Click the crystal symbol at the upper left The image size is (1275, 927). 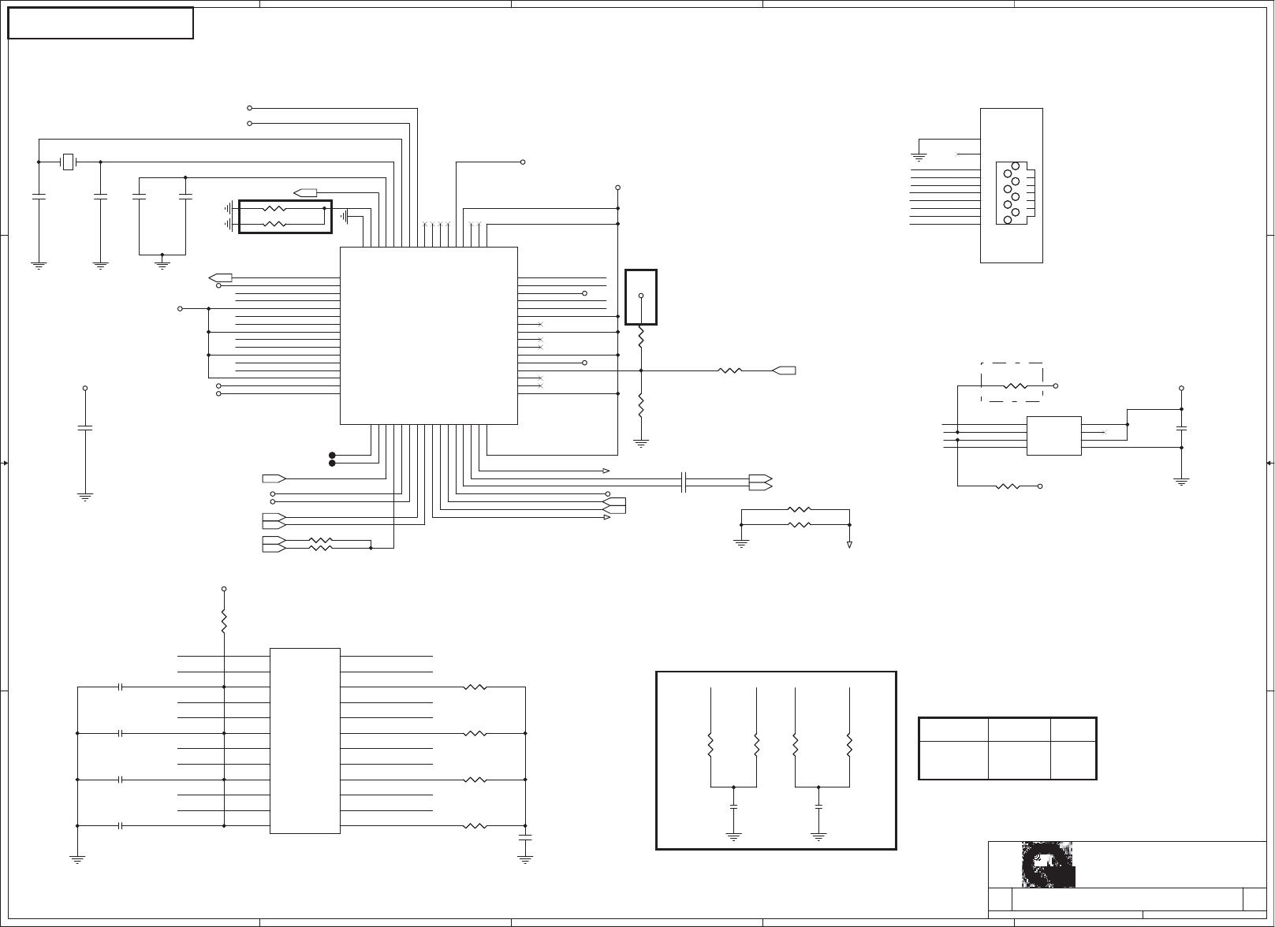(69, 162)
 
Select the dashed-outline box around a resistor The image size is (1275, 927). (1012, 382)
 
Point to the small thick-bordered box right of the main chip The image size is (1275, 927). (640, 297)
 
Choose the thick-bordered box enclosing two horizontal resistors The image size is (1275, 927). (285, 217)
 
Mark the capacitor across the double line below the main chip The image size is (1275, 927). (684, 482)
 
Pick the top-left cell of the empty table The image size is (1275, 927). (953, 730)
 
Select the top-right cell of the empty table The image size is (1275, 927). (1073, 730)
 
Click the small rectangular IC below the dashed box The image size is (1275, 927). (1053, 436)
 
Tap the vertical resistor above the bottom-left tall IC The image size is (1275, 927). (224, 620)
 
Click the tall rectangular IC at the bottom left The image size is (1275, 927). (305, 740)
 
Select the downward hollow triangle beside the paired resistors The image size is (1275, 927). (850, 545)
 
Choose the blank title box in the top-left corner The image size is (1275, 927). (100, 23)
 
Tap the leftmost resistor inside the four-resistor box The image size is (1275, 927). (711, 745)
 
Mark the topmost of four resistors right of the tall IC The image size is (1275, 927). (475, 687)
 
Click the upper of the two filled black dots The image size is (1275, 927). (332, 455)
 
